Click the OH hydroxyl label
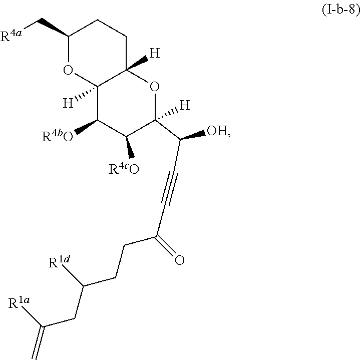(218, 132)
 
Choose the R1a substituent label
(20, 304)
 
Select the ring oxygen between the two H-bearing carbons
(155, 89)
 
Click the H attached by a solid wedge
(155, 53)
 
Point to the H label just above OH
(184, 105)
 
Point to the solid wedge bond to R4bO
(85, 127)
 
